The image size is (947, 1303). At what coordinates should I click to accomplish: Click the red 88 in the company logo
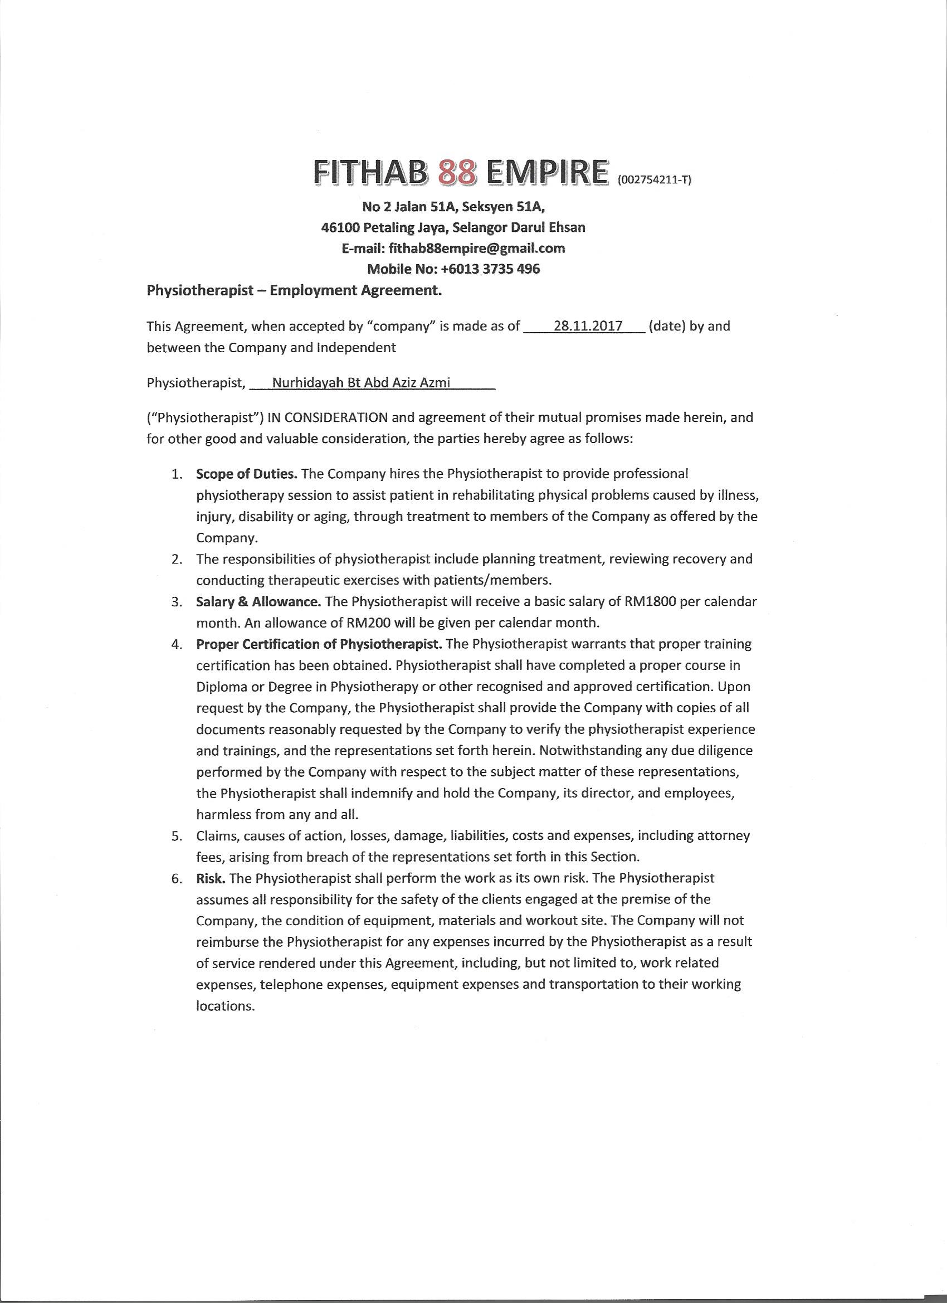(x=457, y=172)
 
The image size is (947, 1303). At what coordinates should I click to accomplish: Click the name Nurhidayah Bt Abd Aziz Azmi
(x=361, y=383)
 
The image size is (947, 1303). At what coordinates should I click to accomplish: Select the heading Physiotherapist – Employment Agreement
(x=295, y=290)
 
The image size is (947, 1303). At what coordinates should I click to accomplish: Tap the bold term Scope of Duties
(x=246, y=474)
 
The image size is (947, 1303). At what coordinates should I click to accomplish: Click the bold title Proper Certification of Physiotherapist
(x=319, y=644)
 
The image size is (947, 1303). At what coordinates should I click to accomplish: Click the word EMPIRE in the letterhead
(x=547, y=172)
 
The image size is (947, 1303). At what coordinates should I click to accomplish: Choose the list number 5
(x=178, y=836)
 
